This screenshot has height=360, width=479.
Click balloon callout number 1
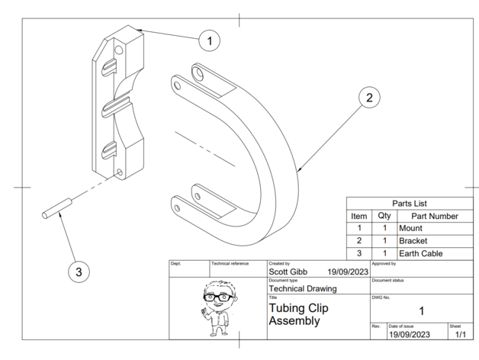coord(210,39)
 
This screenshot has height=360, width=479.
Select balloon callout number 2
coord(368,98)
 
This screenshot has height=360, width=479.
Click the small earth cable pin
coord(56,209)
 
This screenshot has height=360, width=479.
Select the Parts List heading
coord(409,204)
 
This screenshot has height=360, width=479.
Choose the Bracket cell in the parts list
coord(413,240)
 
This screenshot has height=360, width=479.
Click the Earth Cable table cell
coord(420,253)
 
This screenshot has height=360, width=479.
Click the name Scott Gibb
coord(288,271)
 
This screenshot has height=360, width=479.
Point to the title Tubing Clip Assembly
coord(299,314)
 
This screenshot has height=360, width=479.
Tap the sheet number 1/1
coord(460,334)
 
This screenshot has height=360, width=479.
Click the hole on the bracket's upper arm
coord(199,74)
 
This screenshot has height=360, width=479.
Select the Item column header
coord(358,216)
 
